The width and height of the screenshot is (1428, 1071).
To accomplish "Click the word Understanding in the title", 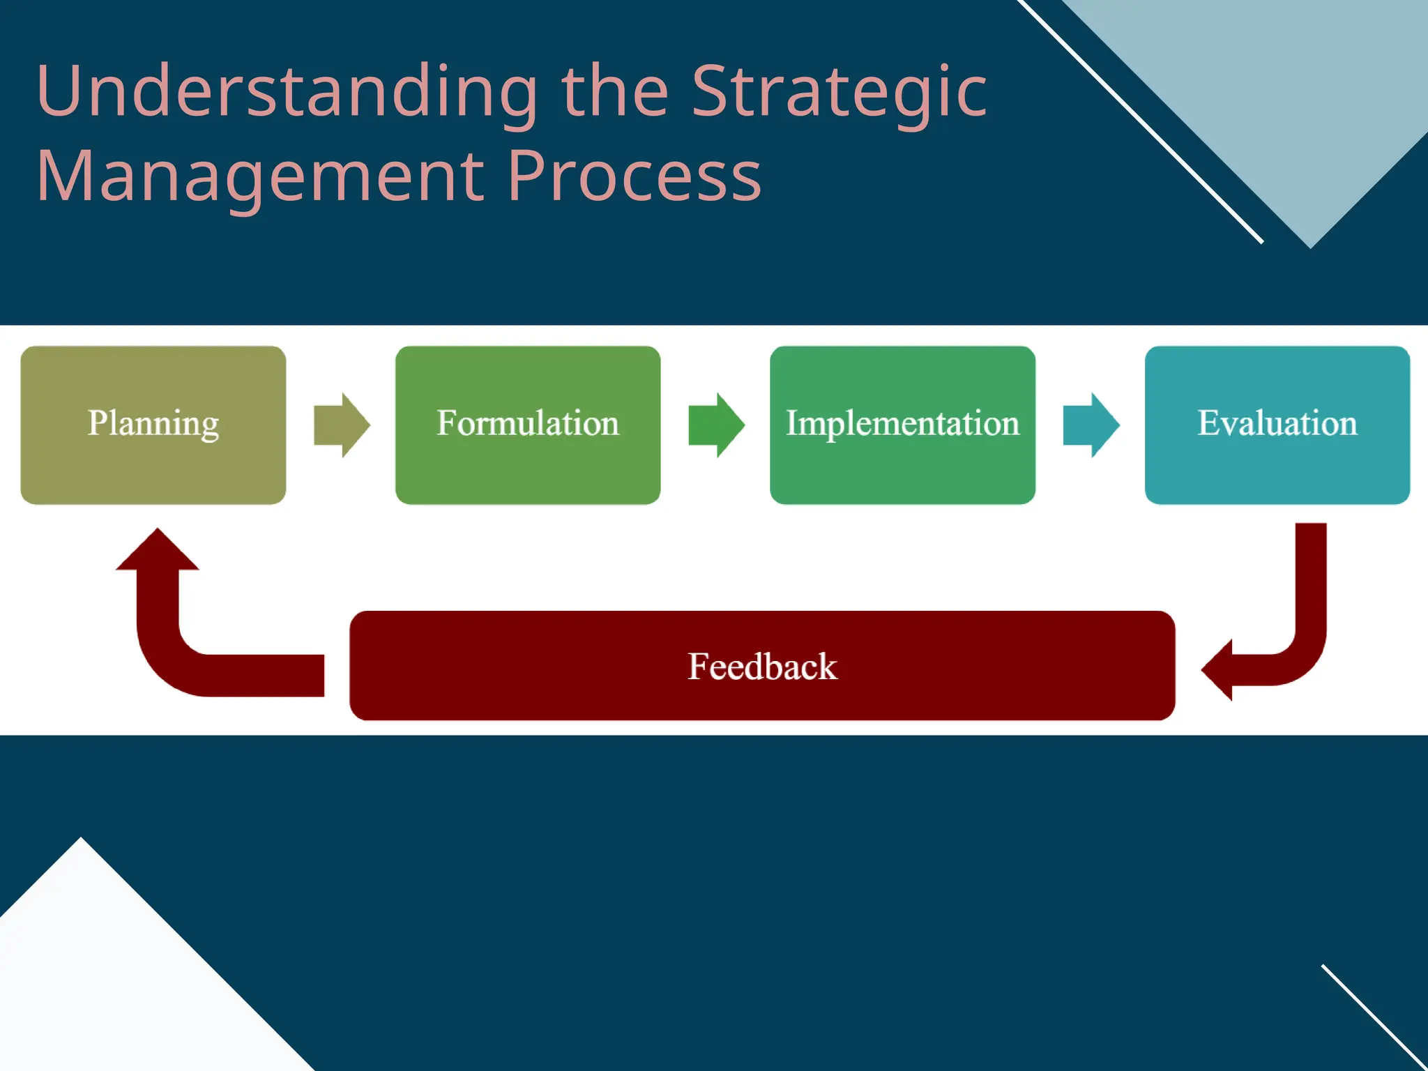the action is point(286,92).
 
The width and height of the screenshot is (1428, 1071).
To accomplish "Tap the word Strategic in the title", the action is point(839,92).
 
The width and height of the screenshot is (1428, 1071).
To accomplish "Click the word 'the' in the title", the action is point(614,92).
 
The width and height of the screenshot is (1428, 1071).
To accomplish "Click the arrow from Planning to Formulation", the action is point(341,425).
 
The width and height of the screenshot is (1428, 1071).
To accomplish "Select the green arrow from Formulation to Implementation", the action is point(715,425).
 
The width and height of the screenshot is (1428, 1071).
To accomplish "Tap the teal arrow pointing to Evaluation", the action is point(1091,425).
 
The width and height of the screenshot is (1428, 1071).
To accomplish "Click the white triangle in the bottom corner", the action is point(105,976).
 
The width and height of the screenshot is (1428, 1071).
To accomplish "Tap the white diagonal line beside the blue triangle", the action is point(1144,123).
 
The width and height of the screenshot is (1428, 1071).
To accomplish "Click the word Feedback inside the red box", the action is point(761,666).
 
